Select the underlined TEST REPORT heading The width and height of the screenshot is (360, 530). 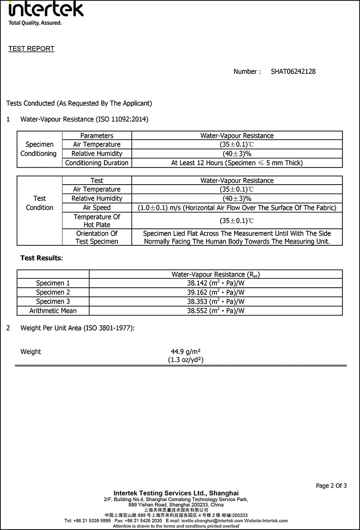click(x=31, y=49)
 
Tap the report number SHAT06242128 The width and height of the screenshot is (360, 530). click(x=293, y=72)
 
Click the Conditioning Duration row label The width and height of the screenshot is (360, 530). click(x=97, y=163)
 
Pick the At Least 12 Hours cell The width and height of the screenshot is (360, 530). click(x=237, y=163)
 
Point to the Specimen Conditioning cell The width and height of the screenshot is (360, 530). click(x=40, y=149)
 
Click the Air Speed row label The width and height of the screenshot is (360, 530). click(x=97, y=208)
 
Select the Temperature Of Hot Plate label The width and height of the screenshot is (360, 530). click(x=97, y=221)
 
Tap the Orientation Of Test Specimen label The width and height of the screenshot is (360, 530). click(x=97, y=237)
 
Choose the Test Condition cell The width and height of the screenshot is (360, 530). click(x=40, y=203)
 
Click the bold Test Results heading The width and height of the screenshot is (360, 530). click(x=41, y=258)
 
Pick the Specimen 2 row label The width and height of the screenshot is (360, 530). click(x=53, y=292)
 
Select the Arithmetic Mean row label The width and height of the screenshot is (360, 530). click(x=53, y=311)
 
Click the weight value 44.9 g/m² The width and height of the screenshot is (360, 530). click(x=185, y=352)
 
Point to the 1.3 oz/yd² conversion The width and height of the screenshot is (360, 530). click(x=186, y=360)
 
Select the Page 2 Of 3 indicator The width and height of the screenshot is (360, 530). click(x=331, y=485)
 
